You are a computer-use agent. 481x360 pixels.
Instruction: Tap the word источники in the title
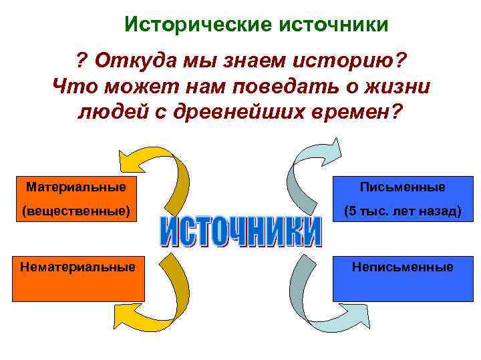[333, 25]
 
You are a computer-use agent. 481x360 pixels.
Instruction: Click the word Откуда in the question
[129, 63]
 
